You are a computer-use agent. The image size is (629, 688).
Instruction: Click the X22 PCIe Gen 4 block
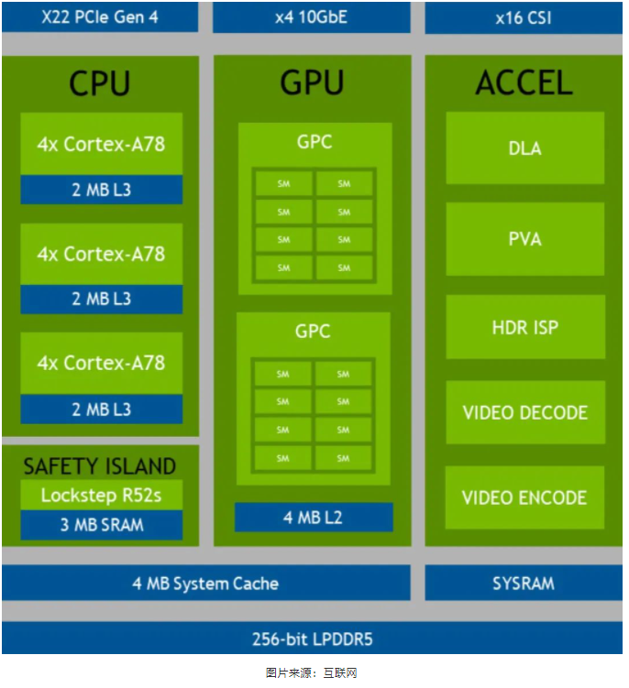tap(100, 16)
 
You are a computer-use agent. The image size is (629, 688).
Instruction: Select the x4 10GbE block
tap(311, 16)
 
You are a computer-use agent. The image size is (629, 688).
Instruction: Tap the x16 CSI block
tap(523, 16)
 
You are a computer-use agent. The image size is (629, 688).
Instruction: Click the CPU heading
tap(100, 83)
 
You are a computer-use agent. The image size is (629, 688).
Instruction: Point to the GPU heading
tap(312, 83)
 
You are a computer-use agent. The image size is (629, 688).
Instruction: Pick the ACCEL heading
tap(524, 83)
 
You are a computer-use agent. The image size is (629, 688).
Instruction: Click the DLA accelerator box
tap(524, 147)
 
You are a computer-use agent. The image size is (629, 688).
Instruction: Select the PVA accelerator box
tap(524, 238)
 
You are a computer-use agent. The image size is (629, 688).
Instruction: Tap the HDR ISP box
tap(524, 327)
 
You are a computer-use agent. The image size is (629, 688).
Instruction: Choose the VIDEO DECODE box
tap(524, 412)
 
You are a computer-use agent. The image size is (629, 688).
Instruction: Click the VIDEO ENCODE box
tap(524, 497)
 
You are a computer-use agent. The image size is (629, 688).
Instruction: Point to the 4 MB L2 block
tap(313, 518)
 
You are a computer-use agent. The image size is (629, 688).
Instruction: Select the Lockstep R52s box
tap(100, 496)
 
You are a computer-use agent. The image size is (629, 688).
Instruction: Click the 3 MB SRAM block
tap(101, 525)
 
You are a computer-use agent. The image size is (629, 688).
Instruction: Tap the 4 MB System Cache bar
tap(205, 583)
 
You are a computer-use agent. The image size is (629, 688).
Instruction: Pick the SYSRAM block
tap(523, 583)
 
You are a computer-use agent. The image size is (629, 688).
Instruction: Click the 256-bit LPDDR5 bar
tap(312, 639)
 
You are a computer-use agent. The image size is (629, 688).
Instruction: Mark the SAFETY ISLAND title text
tap(100, 465)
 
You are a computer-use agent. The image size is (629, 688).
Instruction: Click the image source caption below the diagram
tap(312, 672)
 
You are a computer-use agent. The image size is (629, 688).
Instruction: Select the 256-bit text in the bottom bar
tap(276, 639)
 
